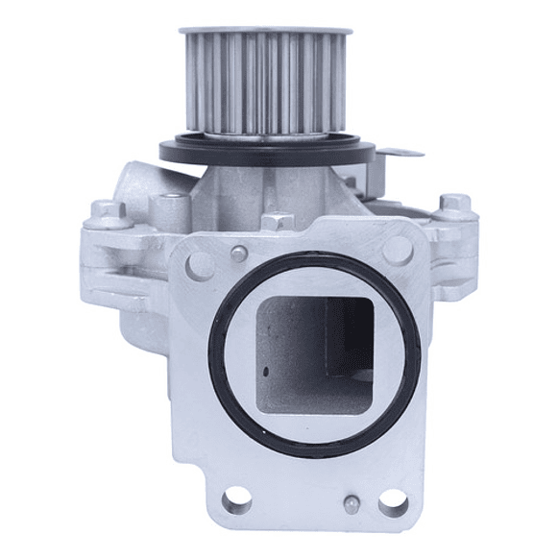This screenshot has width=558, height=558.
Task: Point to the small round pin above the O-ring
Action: point(233,255)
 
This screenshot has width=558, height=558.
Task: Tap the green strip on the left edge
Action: point(29,279)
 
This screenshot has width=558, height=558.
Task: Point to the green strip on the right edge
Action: point(528,279)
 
